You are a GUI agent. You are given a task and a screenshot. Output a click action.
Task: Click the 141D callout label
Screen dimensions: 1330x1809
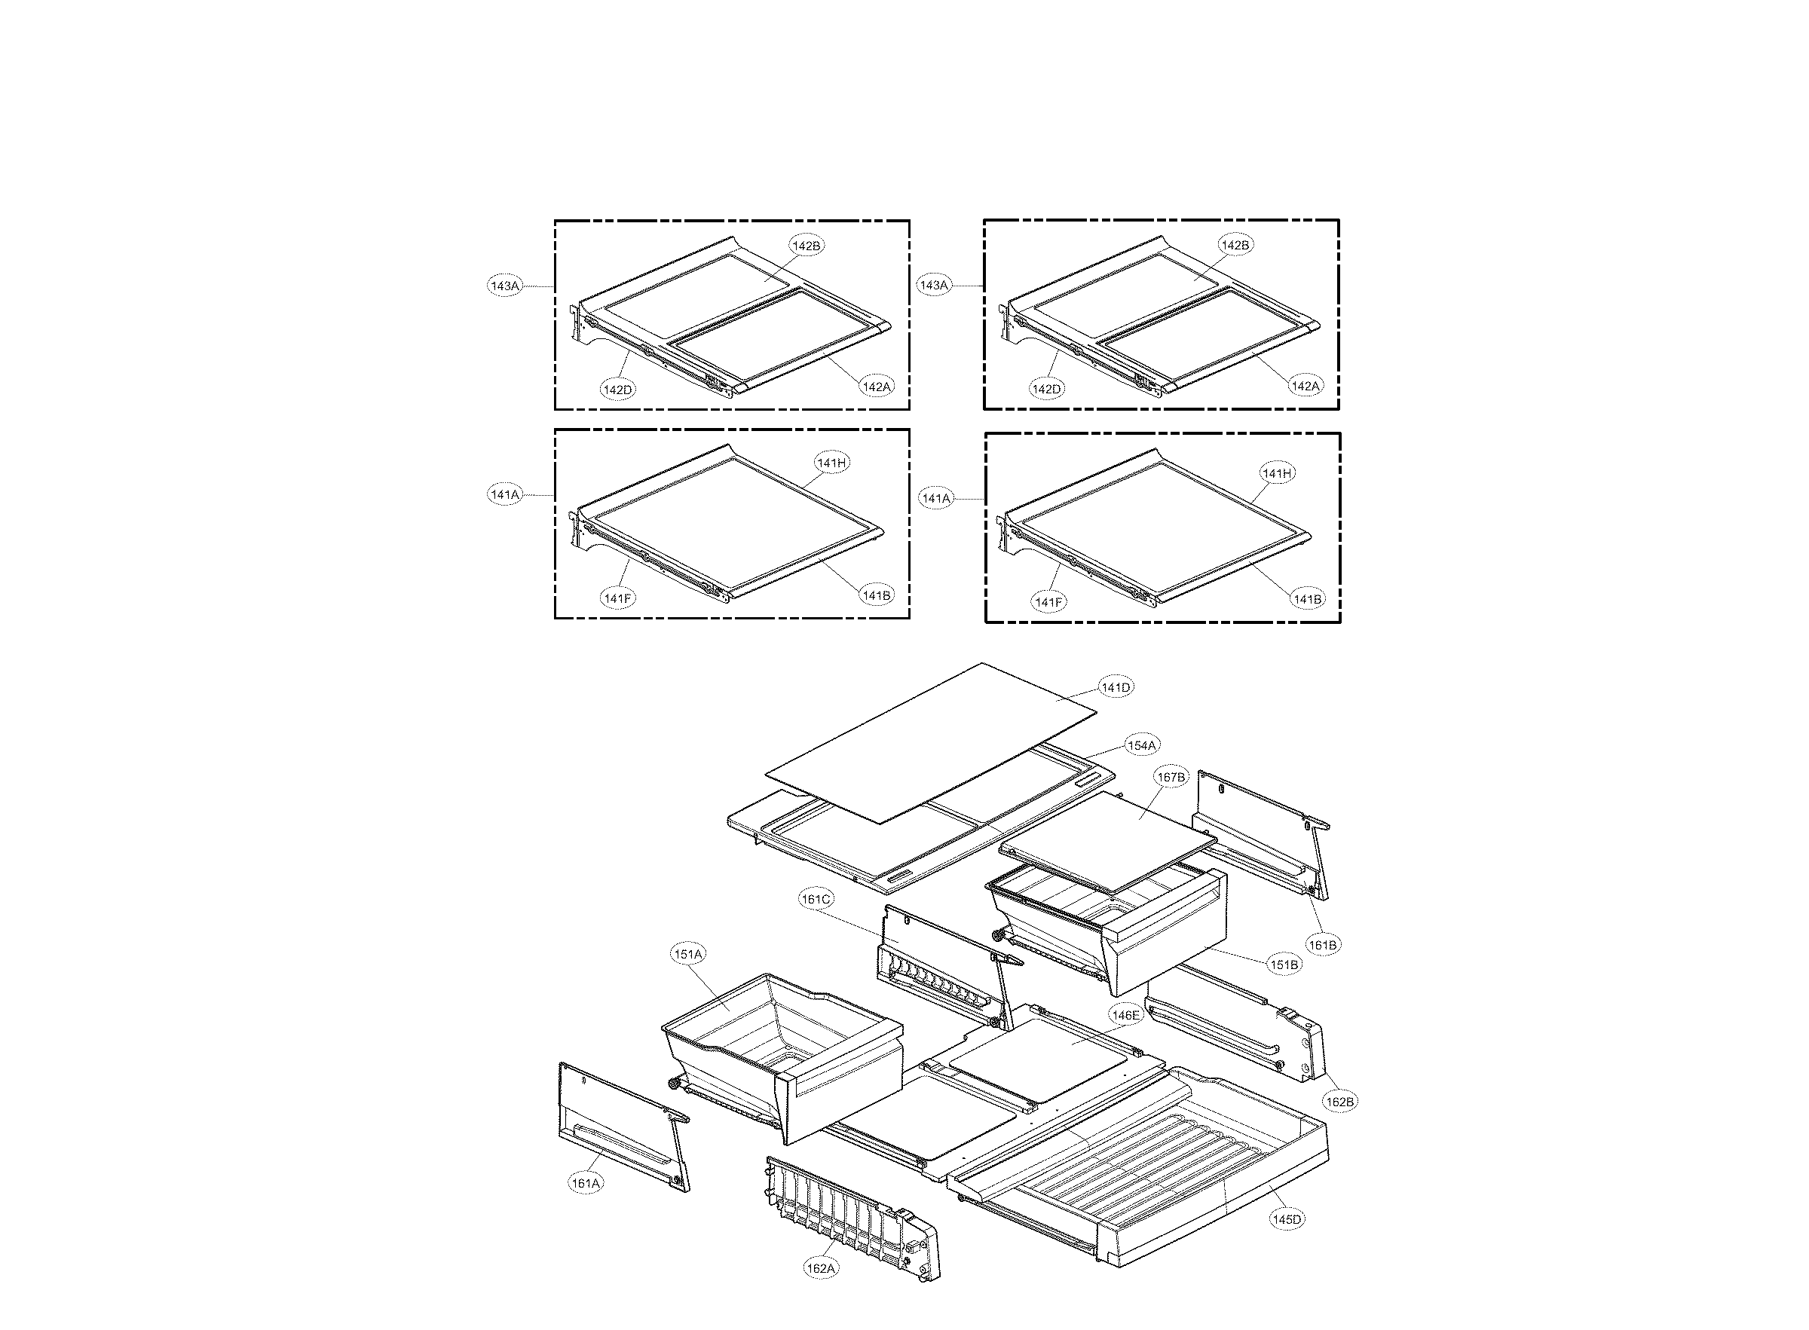point(1116,686)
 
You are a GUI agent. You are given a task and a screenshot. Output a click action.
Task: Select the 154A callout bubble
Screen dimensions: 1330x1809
point(1140,745)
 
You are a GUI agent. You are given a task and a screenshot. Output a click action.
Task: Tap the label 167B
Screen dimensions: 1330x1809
point(1171,777)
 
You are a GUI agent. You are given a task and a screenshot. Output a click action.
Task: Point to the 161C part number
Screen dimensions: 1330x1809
point(816,898)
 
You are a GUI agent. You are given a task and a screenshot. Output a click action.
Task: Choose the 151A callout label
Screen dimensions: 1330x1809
point(688,954)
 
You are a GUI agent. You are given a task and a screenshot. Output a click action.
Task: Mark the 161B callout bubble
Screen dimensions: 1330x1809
point(1322,944)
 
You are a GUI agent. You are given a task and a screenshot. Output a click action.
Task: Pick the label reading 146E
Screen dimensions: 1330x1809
point(1125,1014)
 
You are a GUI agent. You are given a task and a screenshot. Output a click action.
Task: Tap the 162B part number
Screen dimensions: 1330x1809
point(1339,1101)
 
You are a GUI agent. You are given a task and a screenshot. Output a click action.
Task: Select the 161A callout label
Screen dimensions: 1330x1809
point(586,1182)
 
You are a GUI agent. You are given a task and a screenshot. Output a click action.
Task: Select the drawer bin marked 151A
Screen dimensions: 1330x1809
point(773,1047)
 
